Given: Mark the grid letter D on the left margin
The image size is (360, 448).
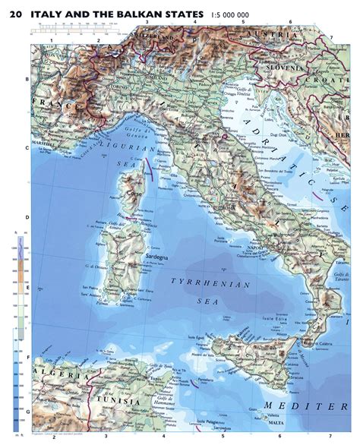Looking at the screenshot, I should click(27, 217).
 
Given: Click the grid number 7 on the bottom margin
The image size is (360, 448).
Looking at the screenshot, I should click(330, 437).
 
